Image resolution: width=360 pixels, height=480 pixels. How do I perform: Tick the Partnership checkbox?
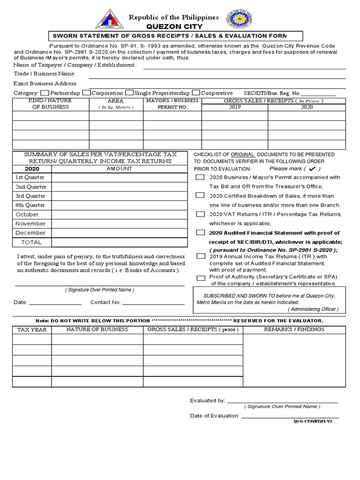pyautogui.click(x=45, y=93)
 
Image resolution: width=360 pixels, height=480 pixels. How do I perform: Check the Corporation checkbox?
pyautogui.click(x=87, y=93)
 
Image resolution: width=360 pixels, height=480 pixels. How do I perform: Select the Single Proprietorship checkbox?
pyautogui.click(x=130, y=93)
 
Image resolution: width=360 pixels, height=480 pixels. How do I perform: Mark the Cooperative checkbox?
pyautogui.click(x=197, y=93)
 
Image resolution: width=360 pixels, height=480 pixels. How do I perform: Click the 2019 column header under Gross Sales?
pyautogui.click(x=234, y=107)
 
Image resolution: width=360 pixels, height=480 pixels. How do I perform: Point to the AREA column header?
pyautogui.click(x=116, y=101)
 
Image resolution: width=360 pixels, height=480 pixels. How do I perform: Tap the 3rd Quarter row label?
pyautogui.click(x=30, y=196)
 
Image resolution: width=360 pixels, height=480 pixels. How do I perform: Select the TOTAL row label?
pyautogui.click(x=31, y=242)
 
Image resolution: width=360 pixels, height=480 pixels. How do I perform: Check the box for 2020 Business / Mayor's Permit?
pyautogui.click(x=200, y=178)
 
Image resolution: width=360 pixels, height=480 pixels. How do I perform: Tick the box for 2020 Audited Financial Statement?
pyautogui.click(x=201, y=232)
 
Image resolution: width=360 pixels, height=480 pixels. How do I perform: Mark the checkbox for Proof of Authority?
pyautogui.click(x=201, y=278)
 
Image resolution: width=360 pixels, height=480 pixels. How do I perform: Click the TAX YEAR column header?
pyautogui.click(x=32, y=330)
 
